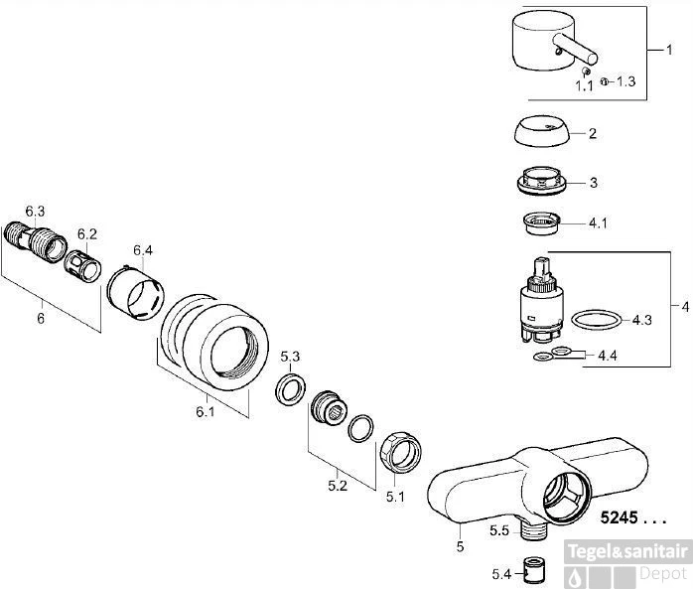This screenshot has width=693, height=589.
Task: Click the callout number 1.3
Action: point(625,81)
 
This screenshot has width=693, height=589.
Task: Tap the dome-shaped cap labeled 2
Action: point(542,132)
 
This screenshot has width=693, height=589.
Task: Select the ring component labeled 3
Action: point(541,181)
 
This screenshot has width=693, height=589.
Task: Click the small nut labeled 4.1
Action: point(541,223)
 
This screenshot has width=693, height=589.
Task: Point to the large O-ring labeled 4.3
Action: point(597,320)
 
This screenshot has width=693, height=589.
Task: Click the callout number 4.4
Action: point(608,355)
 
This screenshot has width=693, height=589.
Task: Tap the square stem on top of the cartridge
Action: point(543,268)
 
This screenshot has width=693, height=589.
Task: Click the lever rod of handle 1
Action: point(576,49)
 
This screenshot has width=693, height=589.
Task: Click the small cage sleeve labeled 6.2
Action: point(82,266)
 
